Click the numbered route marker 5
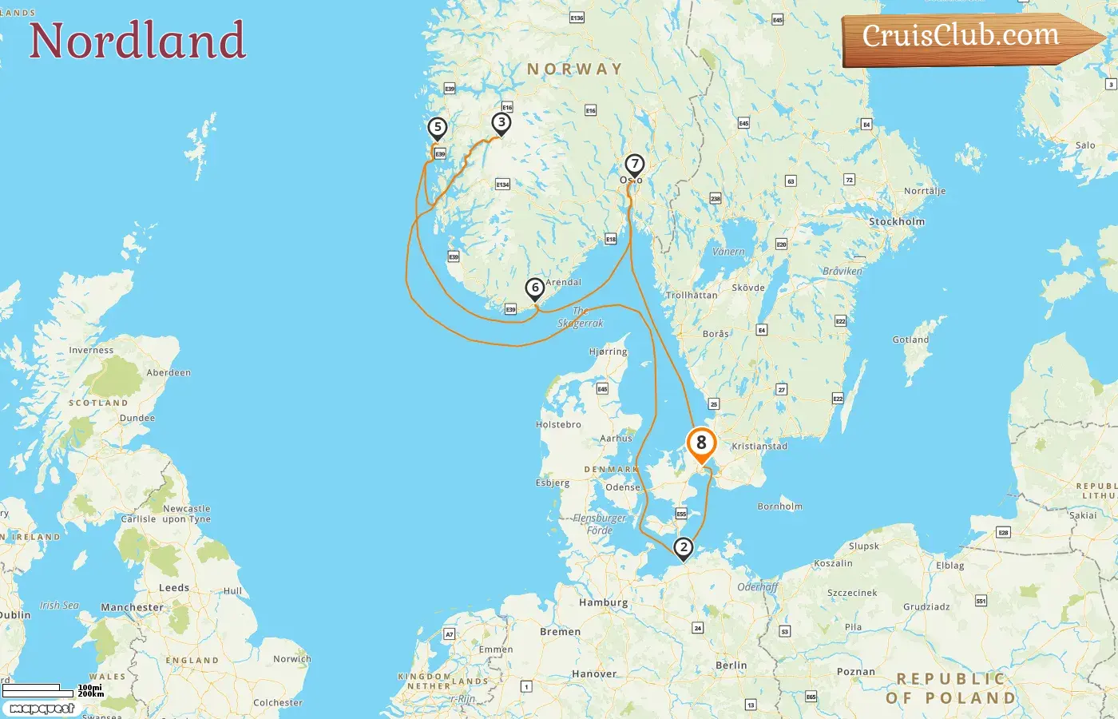tap(437, 128)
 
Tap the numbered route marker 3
tap(501, 122)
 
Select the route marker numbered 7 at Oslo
tap(634, 165)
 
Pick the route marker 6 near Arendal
tap(535, 288)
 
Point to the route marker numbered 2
tap(683, 548)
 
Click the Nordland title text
tap(137, 40)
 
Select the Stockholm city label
tap(897, 221)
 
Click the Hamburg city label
tap(603, 602)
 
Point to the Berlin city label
tap(731, 665)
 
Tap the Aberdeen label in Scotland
tap(168, 372)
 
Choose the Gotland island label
tap(910, 340)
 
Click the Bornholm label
tap(779, 506)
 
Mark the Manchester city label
tap(132, 607)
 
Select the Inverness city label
tap(91, 350)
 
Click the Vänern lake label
tap(727, 252)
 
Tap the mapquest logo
tap(42, 709)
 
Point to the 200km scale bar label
tap(91, 694)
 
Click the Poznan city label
tap(855, 671)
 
